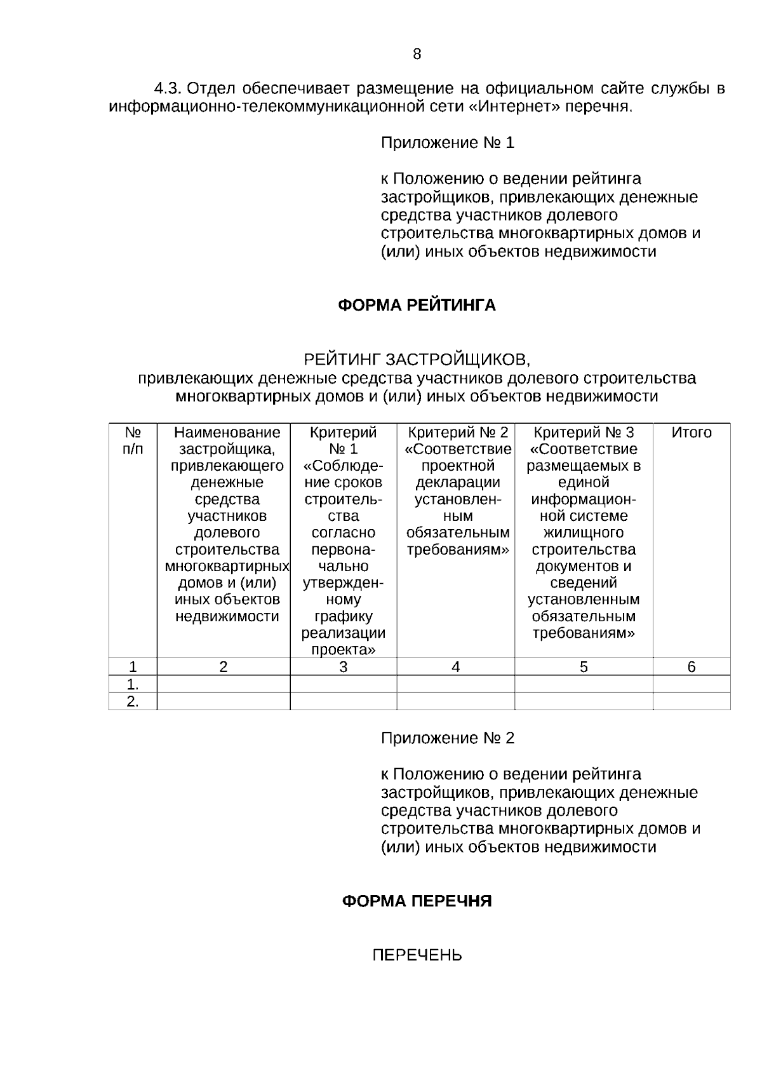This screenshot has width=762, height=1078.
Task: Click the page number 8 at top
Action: tap(417, 54)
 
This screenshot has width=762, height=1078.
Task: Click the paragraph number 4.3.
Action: tap(169, 88)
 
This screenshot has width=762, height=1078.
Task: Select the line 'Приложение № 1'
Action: tap(447, 143)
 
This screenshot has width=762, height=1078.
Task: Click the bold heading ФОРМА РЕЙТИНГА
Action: tap(417, 306)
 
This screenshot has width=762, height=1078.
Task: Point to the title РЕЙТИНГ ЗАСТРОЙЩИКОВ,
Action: tap(417, 360)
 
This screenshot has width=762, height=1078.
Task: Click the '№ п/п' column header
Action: tap(133, 441)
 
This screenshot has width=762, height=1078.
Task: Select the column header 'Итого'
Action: tap(692, 433)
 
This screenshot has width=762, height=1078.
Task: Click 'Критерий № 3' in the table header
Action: tap(584, 433)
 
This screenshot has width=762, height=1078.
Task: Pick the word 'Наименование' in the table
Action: tap(227, 433)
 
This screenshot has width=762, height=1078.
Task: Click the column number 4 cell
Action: tap(455, 666)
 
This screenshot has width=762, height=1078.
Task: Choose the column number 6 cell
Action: tap(692, 666)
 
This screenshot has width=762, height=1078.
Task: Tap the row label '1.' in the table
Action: tap(133, 684)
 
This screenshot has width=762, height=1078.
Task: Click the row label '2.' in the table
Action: tap(133, 701)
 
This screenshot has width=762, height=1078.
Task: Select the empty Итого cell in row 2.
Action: tap(692, 701)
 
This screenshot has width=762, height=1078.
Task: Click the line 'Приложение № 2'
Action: tap(447, 738)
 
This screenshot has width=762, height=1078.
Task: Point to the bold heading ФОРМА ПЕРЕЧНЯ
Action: tap(417, 901)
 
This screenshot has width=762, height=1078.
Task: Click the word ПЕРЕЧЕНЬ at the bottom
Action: tap(417, 955)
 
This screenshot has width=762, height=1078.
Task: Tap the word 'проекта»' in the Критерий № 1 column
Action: tap(343, 650)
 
